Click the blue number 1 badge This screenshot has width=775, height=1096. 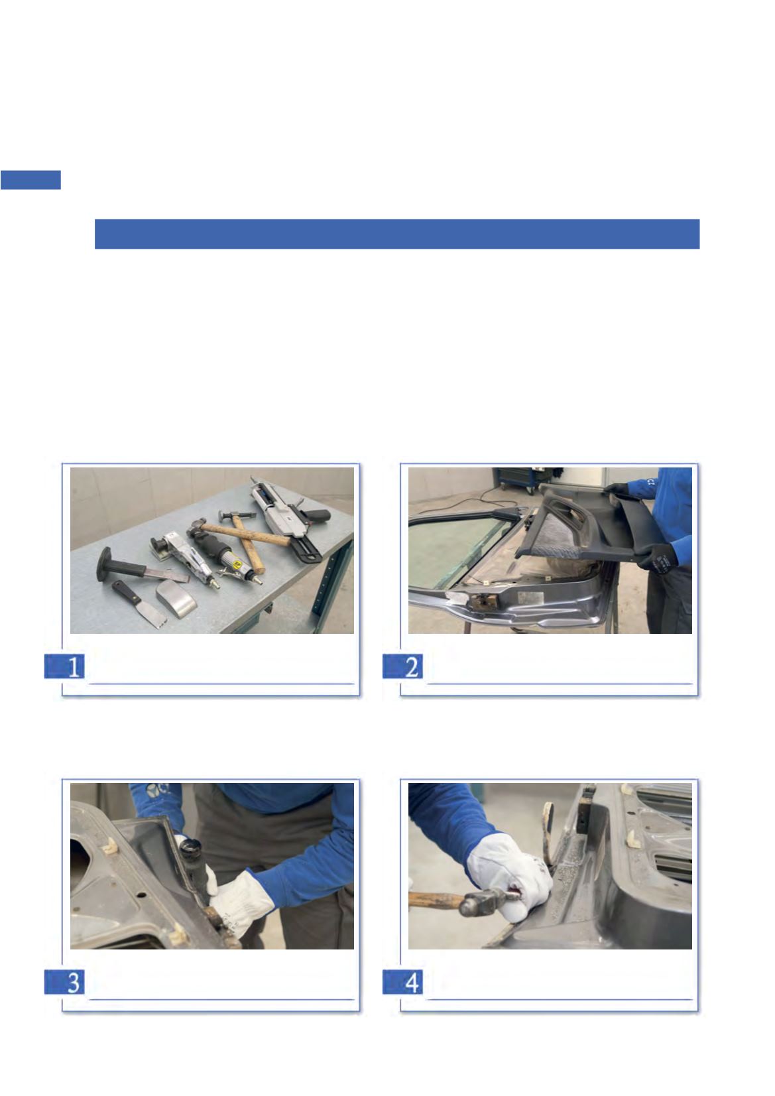click(64, 666)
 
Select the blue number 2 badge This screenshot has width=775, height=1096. click(402, 666)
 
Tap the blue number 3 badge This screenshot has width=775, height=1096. click(64, 981)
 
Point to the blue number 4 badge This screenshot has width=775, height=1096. click(402, 981)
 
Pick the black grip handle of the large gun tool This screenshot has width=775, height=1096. click(315, 515)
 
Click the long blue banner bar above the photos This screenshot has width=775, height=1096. click(397, 234)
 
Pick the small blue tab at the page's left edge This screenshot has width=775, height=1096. click(30, 180)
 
